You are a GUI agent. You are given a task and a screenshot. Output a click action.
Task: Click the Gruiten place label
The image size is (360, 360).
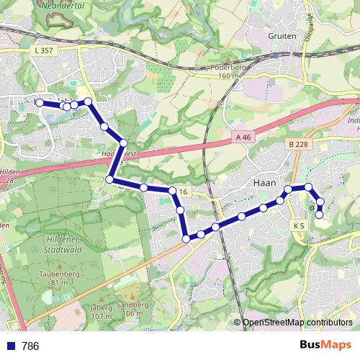pos(282,35)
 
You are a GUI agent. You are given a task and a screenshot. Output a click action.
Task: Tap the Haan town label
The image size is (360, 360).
pos(266,183)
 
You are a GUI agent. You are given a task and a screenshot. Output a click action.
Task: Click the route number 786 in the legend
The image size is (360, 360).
pos(30,346)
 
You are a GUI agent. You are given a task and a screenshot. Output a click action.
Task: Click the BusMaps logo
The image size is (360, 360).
pos(325,346)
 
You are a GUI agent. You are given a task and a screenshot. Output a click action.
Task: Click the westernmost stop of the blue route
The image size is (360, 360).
pos(39,103)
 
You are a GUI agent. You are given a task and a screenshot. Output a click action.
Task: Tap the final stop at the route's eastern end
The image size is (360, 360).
pos(320,214)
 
